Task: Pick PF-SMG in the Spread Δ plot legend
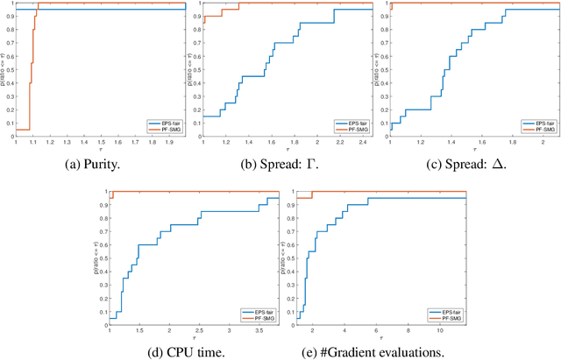pyautogui.click(x=541, y=131)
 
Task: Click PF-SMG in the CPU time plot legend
pyautogui.click(x=261, y=318)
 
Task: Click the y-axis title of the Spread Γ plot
pyautogui.click(x=193, y=69)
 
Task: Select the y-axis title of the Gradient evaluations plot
pyautogui.click(x=286, y=257)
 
